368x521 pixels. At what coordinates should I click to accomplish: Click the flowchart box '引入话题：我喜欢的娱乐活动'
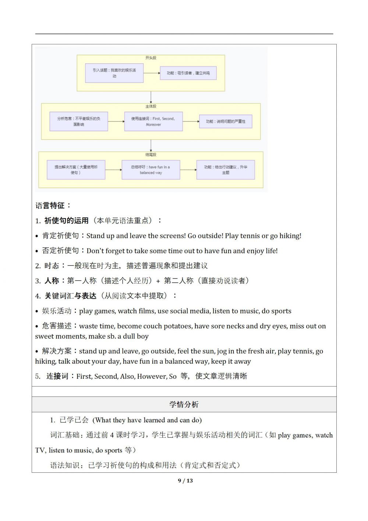tap(114, 73)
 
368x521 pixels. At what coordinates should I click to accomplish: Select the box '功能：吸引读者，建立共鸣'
tap(188, 73)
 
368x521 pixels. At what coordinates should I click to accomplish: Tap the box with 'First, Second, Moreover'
tap(153, 121)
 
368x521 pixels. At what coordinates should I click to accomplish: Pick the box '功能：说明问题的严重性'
tap(226, 121)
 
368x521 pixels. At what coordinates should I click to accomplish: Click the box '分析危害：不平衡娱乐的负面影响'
tap(79, 121)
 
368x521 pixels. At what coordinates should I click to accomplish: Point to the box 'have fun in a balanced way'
tap(151, 169)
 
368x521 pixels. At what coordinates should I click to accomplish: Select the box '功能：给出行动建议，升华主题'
tap(226, 169)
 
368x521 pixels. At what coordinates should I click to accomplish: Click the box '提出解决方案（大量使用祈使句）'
tap(76, 169)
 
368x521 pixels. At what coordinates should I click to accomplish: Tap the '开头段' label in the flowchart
tap(151, 58)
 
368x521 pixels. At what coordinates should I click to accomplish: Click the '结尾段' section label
tap(151, 155)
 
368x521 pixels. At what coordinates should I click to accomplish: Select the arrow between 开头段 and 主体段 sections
tap(151, 97)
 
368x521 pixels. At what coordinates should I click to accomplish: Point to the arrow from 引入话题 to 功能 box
tap(151, 73)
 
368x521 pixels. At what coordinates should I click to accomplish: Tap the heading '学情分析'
tap(184, 405)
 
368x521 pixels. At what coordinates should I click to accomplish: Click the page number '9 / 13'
tap(185, 480)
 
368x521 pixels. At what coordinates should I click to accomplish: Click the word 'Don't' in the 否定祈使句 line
tap(95, 251)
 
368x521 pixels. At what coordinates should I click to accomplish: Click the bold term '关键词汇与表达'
tap(71, 296)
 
